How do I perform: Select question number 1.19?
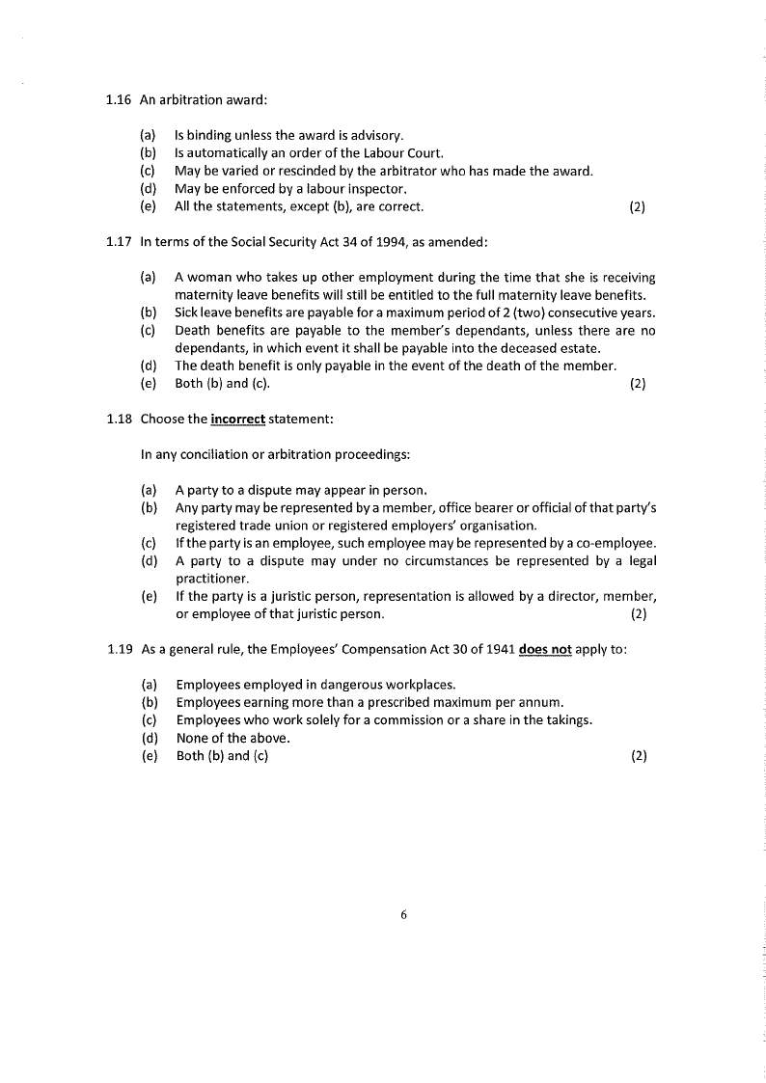[x=121, y=649]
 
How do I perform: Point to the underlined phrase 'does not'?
[x=545, y=649]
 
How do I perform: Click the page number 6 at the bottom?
[x=404, y=915]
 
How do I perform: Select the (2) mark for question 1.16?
[x=637, y=206]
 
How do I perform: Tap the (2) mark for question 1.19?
[x=638, y=756]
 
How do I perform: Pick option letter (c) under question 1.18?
[x=149, y=543]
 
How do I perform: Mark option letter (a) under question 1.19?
[x=150, y=685]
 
